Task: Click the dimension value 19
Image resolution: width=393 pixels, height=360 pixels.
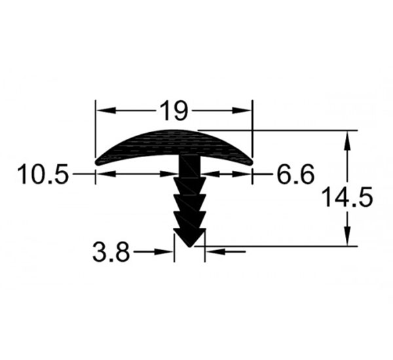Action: click(x=174, y=110)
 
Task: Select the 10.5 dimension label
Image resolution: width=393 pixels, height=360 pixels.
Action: click(x=43, y=173)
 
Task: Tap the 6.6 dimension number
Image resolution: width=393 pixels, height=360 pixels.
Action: click(x=295, y=173)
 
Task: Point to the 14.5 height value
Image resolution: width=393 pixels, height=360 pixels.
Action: click(x=348, y=197)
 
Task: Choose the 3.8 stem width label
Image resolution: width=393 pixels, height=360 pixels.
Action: click(x=111, y=251)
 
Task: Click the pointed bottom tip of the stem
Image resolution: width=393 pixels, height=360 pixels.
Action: click(x=190, y=246)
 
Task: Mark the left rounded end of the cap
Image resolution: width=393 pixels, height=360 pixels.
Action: click(x=98, y=162)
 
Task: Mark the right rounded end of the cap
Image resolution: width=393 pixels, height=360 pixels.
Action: click(x=250, y=162)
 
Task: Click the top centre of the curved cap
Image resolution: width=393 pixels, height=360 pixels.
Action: click(x=174, y=130)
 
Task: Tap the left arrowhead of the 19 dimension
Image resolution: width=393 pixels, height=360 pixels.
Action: click(x=106, y=110)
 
